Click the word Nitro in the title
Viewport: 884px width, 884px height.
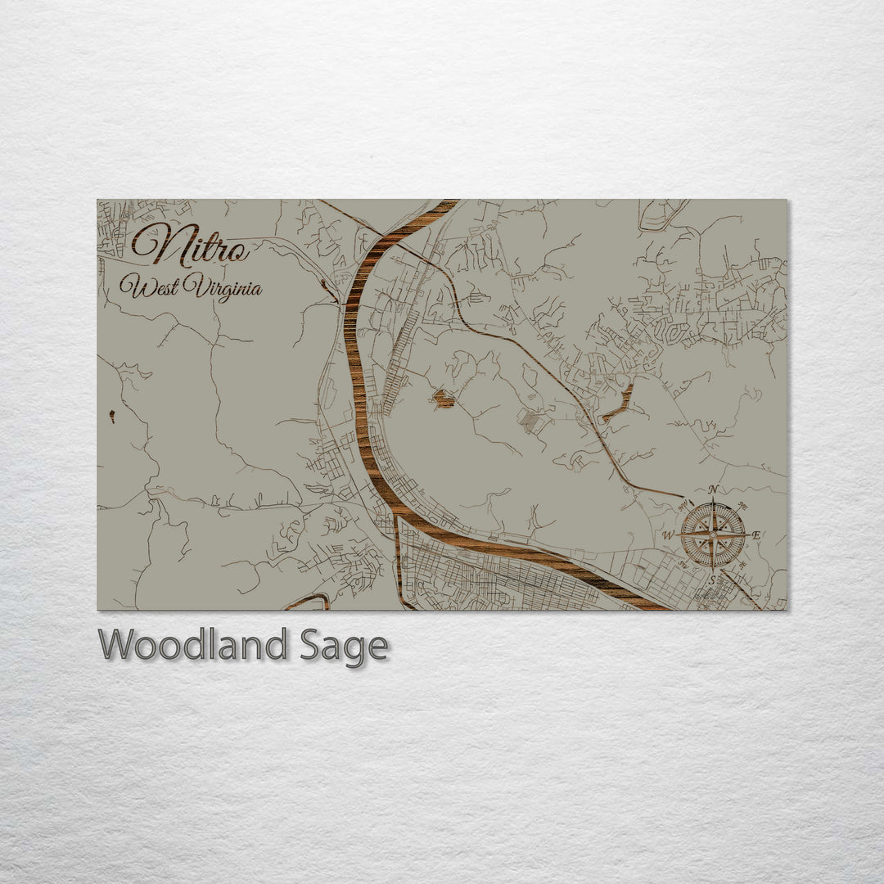pos(191,244)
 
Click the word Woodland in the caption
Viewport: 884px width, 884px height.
pos(192,645)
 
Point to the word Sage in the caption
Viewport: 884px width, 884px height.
pos(344,647)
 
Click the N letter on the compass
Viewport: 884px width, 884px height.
pos(713,489)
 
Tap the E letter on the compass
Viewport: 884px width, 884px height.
pos(756,535)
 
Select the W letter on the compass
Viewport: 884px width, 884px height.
pos(668,535)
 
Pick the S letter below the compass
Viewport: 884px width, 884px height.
pos(712,579)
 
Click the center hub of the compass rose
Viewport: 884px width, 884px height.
pos(713,535)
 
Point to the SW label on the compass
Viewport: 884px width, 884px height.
pos(682,565)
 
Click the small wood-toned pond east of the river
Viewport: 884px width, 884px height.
pos(443,399)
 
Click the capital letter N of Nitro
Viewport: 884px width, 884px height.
pos(152,244)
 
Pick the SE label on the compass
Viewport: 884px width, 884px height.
pos(742,565)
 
